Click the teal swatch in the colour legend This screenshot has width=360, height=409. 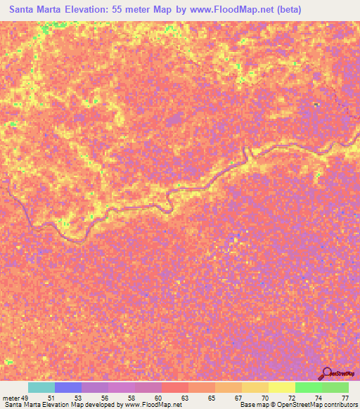pos(41,387)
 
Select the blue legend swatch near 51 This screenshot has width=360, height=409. pos(68,387)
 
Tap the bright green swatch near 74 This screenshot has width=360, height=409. pos(309,387)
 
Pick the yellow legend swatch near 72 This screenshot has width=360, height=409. pos(282,387)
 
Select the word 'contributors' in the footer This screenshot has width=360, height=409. pos(340,405)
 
